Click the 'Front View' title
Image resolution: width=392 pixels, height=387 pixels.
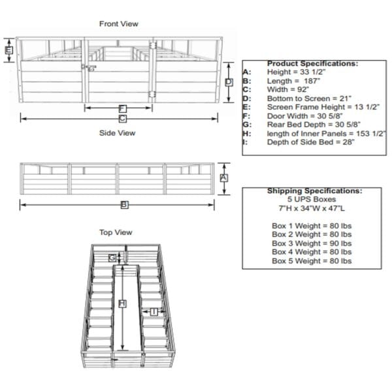coord(118,24)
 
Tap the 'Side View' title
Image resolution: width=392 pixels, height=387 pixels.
coord(117,133)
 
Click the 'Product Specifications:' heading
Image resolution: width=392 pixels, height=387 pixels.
coord(312,63)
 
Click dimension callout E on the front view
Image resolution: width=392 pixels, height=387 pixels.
coord(8,50)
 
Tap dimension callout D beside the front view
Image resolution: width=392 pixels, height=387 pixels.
coord(229,82)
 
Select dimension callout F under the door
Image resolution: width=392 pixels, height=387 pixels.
coord(122,108)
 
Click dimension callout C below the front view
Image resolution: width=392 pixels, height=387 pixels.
coord(122,119)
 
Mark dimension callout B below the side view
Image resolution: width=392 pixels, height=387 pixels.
coord(124,205)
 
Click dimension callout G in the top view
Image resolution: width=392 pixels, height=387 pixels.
coord(112,258)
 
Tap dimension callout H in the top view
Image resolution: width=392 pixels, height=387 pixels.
coord(122,303)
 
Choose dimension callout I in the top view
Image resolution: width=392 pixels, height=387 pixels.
coord(153,311)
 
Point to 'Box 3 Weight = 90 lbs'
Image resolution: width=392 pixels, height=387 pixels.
coord(312,243)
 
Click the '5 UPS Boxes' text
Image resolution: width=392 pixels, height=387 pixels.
coord(312,198)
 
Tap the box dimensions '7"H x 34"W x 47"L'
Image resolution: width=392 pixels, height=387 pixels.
coord(312,208)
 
